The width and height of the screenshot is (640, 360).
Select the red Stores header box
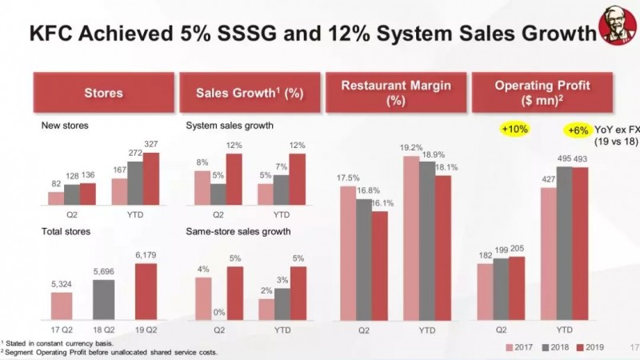[104, 93]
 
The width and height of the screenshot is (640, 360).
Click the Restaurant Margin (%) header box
[396, 93]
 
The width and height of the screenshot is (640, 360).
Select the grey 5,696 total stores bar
[103, 299]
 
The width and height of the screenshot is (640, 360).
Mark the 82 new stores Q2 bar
[55, 198]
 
